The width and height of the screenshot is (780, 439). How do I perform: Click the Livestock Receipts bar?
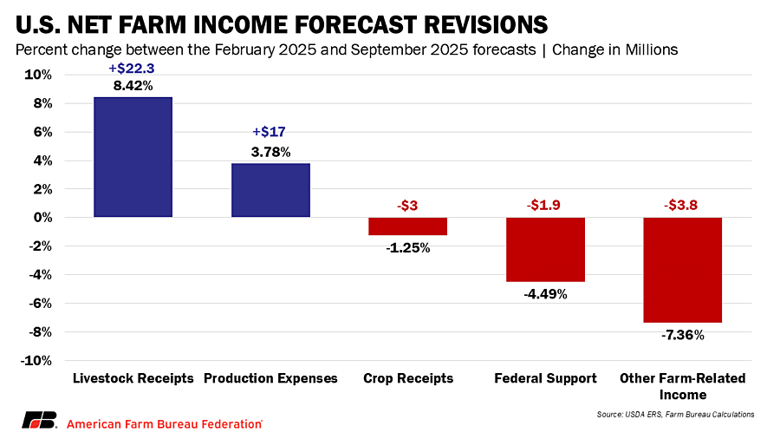click(x=133, y=157)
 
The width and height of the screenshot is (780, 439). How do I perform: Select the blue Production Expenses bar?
click(x=270, y=190)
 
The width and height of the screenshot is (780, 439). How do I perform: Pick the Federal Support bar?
click(x=545, y=249)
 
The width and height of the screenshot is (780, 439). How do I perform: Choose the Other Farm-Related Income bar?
click(x=683, y=270)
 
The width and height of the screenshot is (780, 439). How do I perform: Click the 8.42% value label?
click(x=133, y=86)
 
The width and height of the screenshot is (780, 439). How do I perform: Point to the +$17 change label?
click(x=269, y=133)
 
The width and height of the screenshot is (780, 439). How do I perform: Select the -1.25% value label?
click(x=407, y=247)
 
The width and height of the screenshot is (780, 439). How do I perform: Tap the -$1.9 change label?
click(x=545, y=205)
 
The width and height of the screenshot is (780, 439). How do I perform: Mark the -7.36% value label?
click(x=683, y=335)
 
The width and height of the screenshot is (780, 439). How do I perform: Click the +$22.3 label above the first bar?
click(x=133, y=69)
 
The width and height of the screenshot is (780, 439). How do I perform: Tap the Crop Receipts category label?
click(x=407, y=379)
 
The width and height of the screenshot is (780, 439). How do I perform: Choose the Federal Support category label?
click(x=545, y=379)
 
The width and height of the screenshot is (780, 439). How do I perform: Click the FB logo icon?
click(x=39, y=421)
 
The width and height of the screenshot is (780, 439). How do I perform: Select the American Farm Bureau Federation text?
click(x=165, y=423)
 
